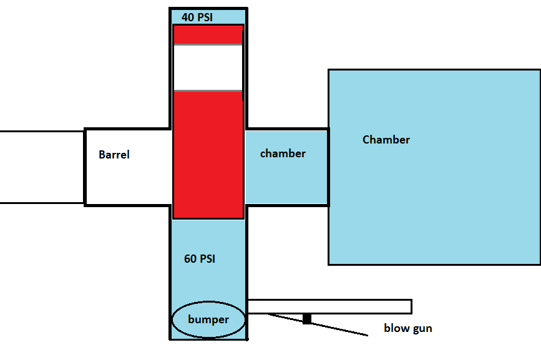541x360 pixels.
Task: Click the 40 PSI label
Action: coord(197,17)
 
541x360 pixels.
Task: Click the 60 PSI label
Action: coord(200,258)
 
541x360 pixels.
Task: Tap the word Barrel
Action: coord(114,155)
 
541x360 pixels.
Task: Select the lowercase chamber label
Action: coord(283,153)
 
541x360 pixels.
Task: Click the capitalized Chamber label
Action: coord(386,140)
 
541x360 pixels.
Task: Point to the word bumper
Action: coord(208,319)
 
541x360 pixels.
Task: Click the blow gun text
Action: coord(407,328)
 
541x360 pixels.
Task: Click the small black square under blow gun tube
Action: coord(306,319)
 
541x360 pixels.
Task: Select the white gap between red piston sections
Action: coord(208,68)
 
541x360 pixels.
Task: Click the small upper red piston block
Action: coord(208,34)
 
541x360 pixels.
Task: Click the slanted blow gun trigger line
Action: coord(337,328)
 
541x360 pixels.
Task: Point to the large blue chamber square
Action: coord(434,200)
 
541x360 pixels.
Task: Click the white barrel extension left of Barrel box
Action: coord(41,167)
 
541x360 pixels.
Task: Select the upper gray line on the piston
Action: coord(208,45)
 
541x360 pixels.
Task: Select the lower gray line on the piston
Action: coord(208,91)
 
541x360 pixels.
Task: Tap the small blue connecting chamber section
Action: coord(286,181)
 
